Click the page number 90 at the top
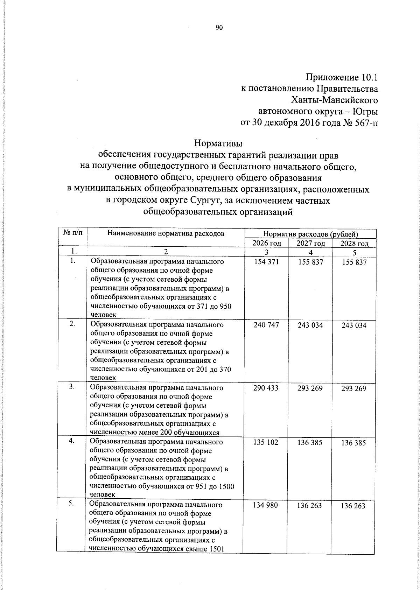pos(219,28)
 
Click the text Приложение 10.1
pos(342,77)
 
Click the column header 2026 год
pos(266,244)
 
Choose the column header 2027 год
pos(310,244)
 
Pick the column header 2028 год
pos(354,244)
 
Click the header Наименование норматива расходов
pos(166,233)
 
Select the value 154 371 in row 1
pos(266,262)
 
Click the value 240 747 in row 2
pos(266,325)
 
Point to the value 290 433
pos(266,388)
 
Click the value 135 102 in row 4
pos(266,442)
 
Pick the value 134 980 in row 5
pos(266,505)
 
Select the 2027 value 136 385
pos(310,443)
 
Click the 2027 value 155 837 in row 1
pos(310,262)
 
